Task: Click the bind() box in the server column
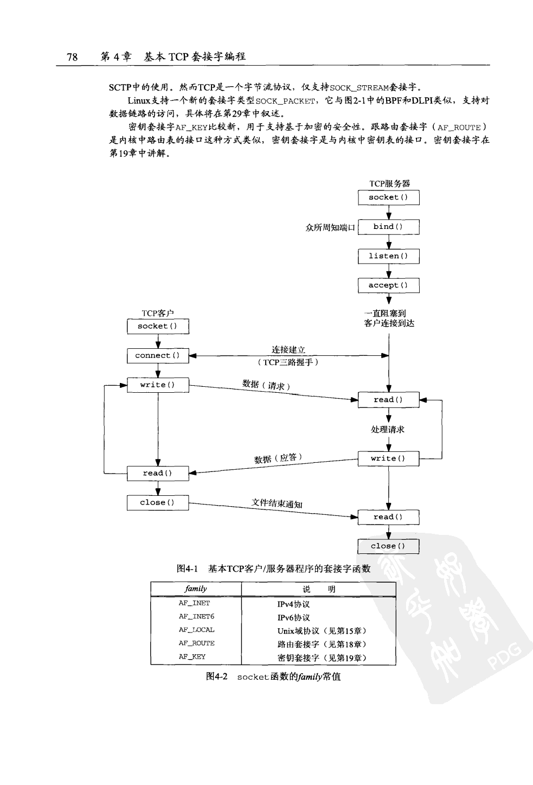[x=388, y=227]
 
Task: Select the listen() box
[x=388, y=256]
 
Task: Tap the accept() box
[x=388, y=285]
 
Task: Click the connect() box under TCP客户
[x=158, y=356]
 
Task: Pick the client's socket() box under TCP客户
[x=158, y=327]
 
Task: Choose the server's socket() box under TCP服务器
[x=388, y=197]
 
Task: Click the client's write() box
[x=158, y=385]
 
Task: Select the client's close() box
[x=158, y=503]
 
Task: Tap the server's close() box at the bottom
[x=388, y=546]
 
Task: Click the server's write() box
[x=388, y=459]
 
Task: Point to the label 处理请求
[x=388, y=430]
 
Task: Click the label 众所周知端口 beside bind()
[x=330, y=227]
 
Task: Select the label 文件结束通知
[x=277, y=503]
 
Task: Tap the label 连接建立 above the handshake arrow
[x=288, y=350]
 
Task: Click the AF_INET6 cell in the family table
[x=196, y=617]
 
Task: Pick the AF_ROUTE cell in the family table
[x=196, y=643]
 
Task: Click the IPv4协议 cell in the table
[x=293, y=604]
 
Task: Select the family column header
[x=196, y=589]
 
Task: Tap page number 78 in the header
[x=72, y=57]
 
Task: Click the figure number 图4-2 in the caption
[x=217, y=676]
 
